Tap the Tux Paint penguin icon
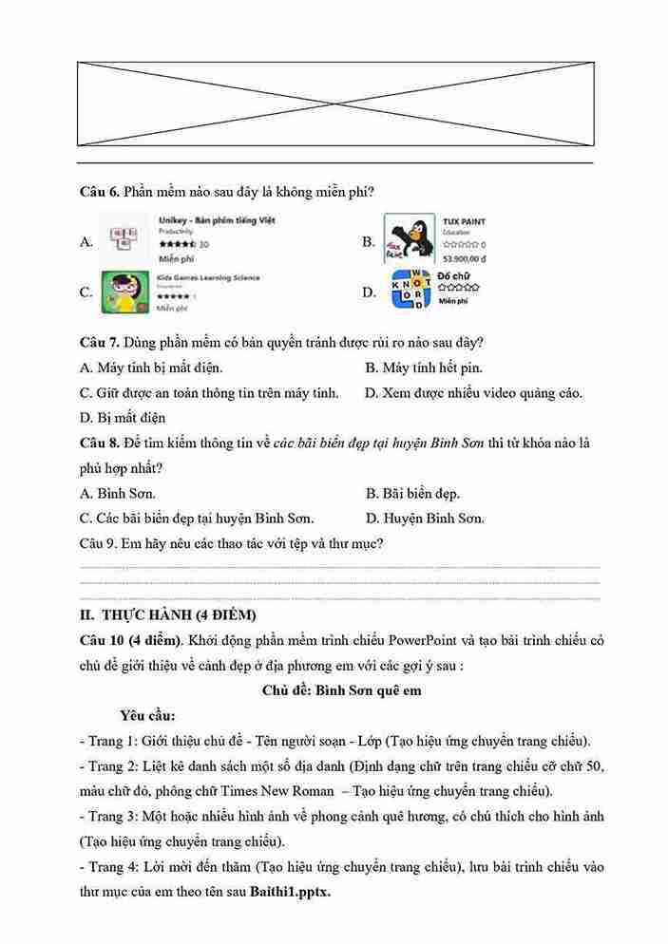tap(410, 240)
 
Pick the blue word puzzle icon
tap(410, 290)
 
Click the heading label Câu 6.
tap(100, 192)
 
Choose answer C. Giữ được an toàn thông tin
tap(209, 392)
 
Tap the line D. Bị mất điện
tap(123, 417)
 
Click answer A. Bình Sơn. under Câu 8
tap(118, 493)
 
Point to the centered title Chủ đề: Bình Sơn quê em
tap(341, 690)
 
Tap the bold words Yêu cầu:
tap(147, 715)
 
